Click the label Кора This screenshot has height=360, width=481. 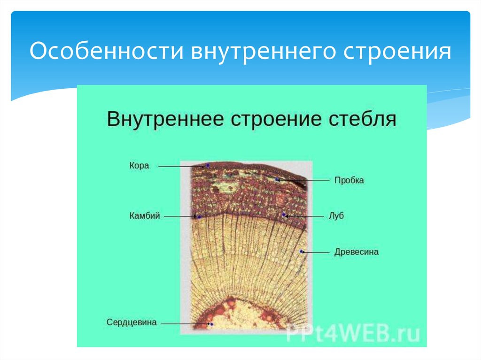[139, 166]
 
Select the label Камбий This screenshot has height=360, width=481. [145, 216]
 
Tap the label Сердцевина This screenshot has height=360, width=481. [131, 322]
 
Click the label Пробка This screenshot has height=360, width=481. [349, 180]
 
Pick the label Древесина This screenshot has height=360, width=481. [356, 252]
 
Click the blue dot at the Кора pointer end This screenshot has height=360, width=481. [207, 166]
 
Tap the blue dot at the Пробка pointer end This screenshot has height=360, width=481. [278, 180]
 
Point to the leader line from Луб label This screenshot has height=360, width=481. [305, 216]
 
